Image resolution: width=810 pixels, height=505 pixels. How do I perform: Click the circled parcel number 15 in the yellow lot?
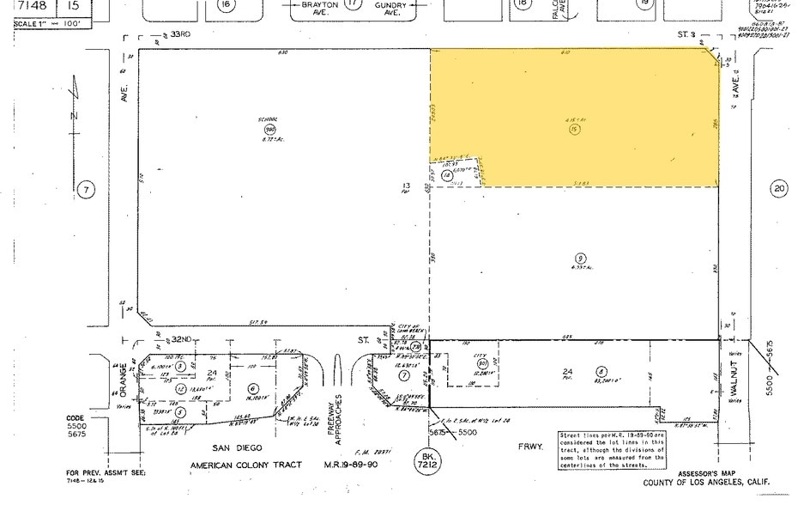[x=571, y=129]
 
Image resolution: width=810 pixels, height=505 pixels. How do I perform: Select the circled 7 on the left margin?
[x=84, y=189]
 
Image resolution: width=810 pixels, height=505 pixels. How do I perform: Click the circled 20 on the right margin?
[x=778, y=190]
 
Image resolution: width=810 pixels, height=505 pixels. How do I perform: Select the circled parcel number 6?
[x=254, y=387]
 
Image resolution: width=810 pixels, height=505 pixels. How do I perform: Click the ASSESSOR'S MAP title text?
[x=709, y=474]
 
